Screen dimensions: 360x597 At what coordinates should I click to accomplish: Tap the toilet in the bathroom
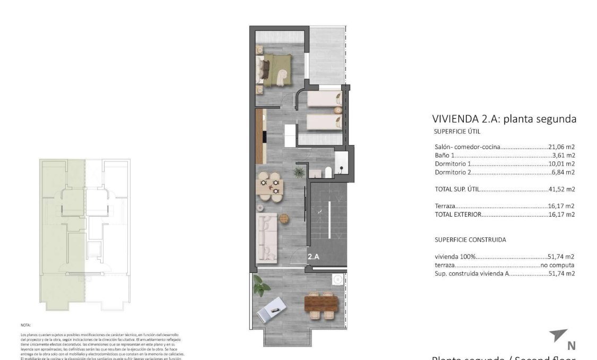(328, 172)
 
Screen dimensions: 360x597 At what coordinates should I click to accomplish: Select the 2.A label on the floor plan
(313, 256)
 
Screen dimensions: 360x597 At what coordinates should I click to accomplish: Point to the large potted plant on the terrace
(261, 286)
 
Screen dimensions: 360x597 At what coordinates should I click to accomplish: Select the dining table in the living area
(270, 186)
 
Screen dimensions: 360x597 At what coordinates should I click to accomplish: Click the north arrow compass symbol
(559, 336)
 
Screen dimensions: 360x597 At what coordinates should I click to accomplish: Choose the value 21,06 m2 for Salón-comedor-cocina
(561, 147)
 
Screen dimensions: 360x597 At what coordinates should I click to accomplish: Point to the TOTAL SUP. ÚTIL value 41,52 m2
(561, 189)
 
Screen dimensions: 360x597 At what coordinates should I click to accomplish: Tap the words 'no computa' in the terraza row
(557, 265)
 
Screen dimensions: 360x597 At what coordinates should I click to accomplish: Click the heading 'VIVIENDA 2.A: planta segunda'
(504, 119)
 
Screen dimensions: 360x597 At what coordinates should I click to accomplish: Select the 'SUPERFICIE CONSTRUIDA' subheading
(470, 239)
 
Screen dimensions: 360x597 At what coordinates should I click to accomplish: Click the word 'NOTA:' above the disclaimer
(26, 324)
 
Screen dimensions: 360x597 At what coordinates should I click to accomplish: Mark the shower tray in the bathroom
(341, 161)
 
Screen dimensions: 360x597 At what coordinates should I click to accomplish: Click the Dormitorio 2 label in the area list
(453, 172)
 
